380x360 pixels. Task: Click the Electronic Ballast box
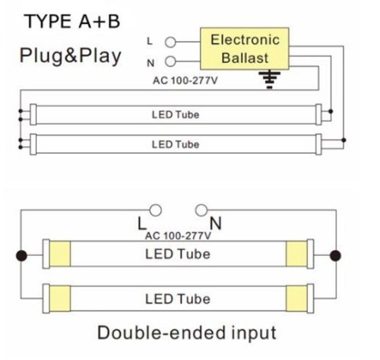[245, 49]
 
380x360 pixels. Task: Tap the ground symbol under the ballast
[270, 80]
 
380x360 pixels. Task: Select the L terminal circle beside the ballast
[170, 42]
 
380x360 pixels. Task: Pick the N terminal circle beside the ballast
[170, 62]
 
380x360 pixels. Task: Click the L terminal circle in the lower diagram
[155, 210]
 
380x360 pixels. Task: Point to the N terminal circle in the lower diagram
[201, 210]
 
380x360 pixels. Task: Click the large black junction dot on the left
[21, 255]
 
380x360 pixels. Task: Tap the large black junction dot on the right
[335, 255]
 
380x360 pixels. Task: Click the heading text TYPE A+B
[72, 21]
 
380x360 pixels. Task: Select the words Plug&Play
[71, 56]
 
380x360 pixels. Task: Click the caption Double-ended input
[187, 333]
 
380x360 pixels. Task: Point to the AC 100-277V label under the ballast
[185, 81]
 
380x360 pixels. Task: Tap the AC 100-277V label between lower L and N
[178, 236]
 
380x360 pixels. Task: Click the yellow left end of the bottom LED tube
[60, 298]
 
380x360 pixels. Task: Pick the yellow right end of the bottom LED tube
[296, 298]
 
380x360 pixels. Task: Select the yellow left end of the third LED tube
[60, 254]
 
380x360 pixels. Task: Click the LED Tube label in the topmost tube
[176, 115]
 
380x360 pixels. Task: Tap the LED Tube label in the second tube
[176, 144]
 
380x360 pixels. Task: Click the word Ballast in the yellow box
[245, 58]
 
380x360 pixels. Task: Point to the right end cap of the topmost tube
[318, 115]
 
